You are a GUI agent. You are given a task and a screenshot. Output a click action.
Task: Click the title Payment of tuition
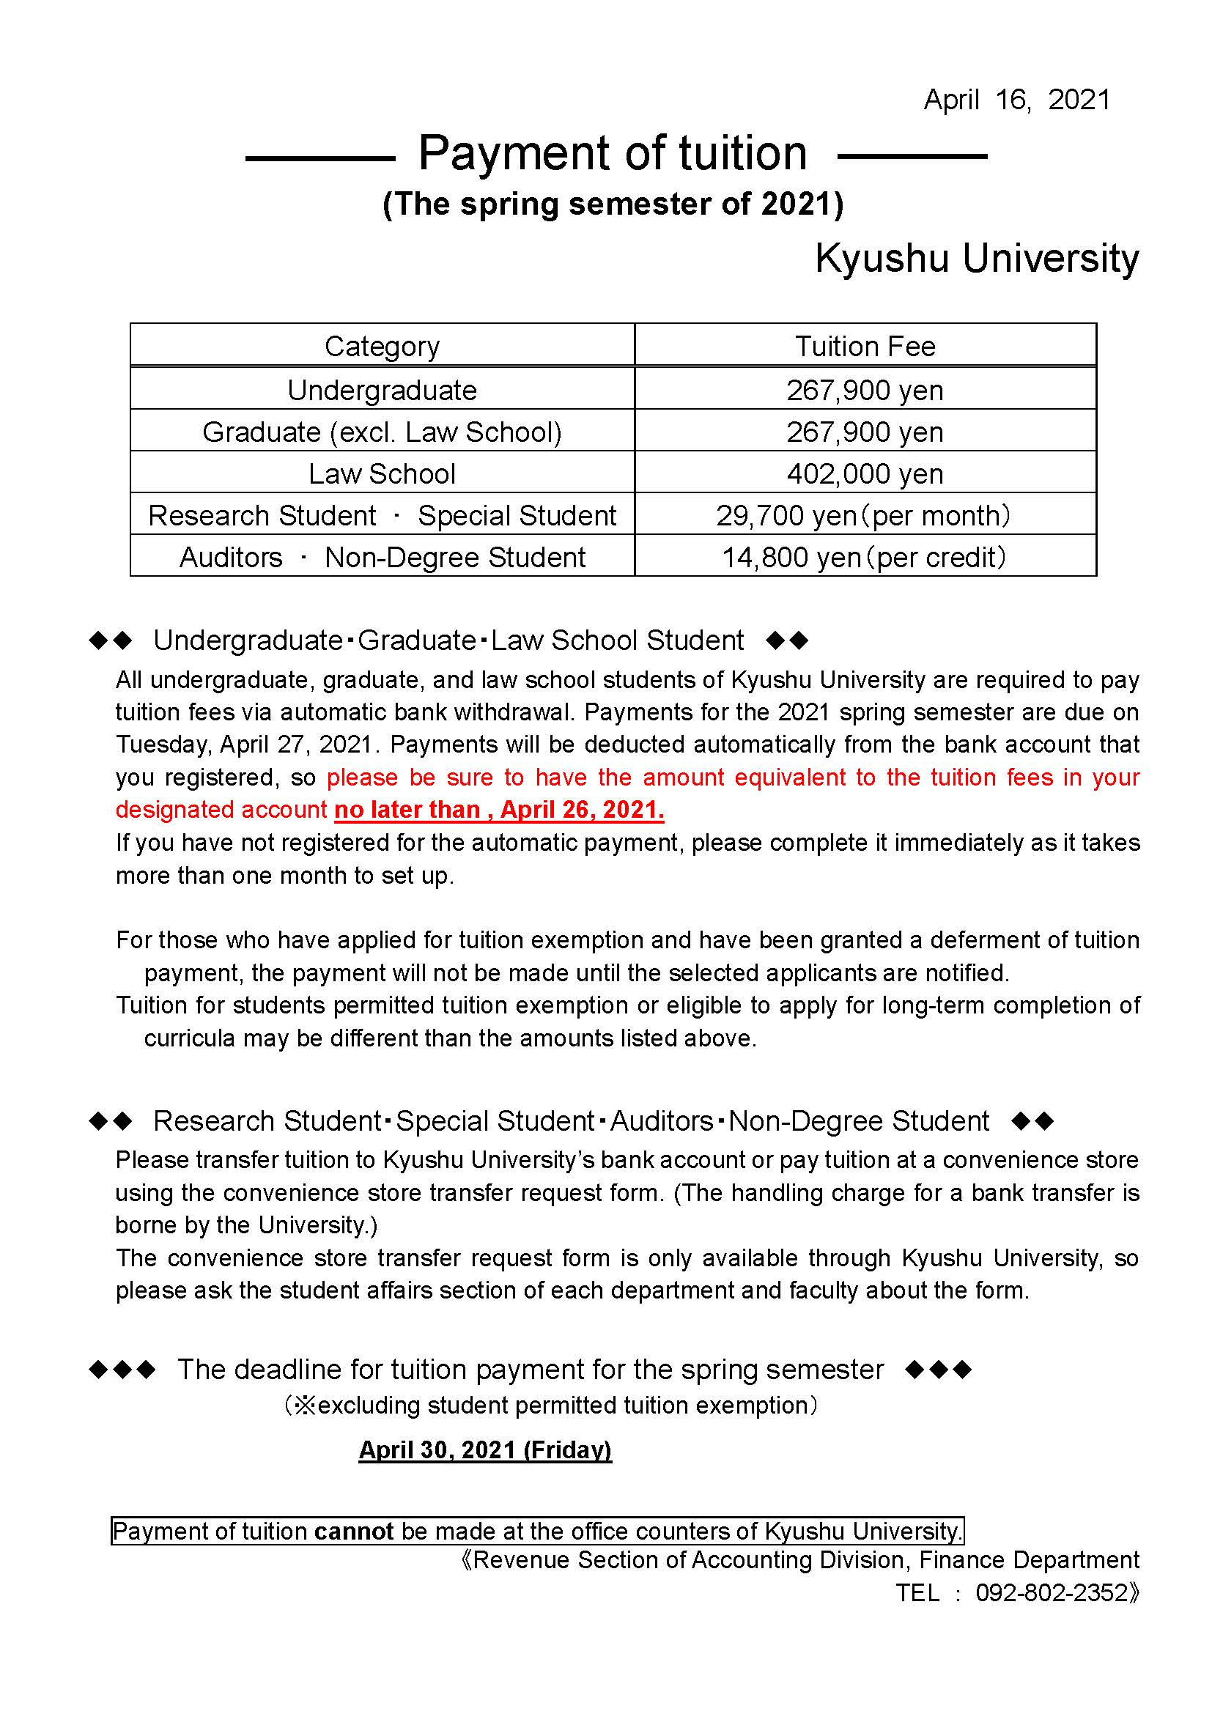click(x=612, y=154)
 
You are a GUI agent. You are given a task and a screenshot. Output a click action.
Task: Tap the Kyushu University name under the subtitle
click(x=976, y=259)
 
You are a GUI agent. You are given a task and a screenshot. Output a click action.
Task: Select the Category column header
click(x=382, y=347)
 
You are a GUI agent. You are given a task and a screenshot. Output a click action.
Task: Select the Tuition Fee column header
click(x=864, y=347)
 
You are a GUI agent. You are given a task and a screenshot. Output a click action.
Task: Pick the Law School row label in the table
click(x=382, y=474)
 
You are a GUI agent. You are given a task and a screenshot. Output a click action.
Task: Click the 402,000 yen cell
click(x=864, y=474)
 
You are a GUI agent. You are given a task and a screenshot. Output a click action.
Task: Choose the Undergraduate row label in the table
click(x=382, y=391)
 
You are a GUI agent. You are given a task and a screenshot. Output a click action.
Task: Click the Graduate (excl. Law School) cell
click(x=382, y=432)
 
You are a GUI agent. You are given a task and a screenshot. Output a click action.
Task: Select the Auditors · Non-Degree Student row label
click(x=382, y=558)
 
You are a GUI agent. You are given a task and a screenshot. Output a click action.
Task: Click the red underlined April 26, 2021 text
click(x=582, y=810)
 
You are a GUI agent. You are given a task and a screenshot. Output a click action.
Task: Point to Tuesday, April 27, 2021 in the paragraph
click(x=244, y=745)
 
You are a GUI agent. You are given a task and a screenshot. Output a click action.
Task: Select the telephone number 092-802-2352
click(x=1052, y=1592)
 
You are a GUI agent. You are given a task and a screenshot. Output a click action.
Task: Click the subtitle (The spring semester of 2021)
click(x=613, y=204)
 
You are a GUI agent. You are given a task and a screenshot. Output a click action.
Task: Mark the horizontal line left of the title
click(x=319, y=158)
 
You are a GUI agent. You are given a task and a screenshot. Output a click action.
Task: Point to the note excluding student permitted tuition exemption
click(x=551, y=1405)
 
